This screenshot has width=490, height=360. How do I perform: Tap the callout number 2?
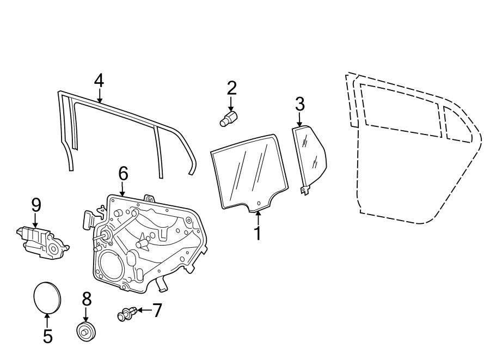tap(231, 88)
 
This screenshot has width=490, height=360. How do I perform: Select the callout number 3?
tap(299, 104)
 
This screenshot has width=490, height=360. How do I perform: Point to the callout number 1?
tap(258, 233)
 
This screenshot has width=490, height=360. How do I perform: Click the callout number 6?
tap(123, 173)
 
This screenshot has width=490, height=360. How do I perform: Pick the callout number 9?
tap(36, 205)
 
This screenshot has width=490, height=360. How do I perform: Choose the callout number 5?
tap(47, 336)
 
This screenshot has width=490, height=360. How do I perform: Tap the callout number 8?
tap(87, 299)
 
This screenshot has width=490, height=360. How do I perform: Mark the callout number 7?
tap(157, 310)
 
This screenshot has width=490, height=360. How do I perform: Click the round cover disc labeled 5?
tap(47, 297)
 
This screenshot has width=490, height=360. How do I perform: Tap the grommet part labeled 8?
tap(85, 332)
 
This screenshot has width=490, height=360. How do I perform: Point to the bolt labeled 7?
tap(127, 314)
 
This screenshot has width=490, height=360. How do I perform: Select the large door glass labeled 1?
tap(249, 173)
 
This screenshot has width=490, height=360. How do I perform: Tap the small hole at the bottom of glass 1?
tap(259, 203)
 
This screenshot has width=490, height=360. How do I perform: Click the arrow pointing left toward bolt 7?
tap(144, 310)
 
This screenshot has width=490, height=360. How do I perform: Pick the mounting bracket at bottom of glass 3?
tap(305, 190)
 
